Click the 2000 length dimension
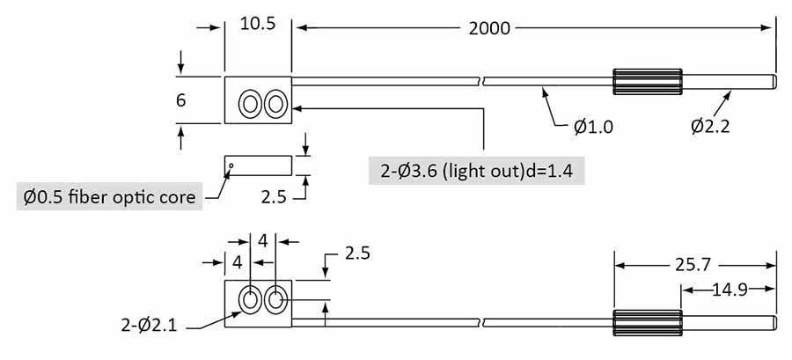489,27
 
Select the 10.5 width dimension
257,24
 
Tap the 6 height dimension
181,100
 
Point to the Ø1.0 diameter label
593,127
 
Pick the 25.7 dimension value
693,262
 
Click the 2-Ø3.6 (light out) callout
476,171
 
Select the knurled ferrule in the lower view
647,322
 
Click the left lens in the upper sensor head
250,105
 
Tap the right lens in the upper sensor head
276,105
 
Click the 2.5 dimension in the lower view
356,253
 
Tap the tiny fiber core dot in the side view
231,164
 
